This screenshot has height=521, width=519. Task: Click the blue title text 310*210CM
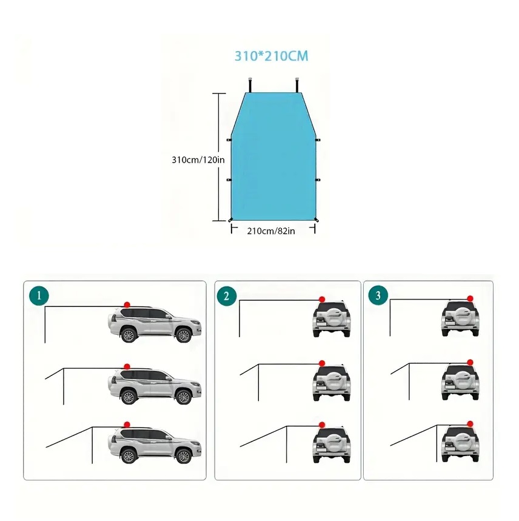point(271,56)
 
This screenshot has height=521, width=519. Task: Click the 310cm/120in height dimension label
point(198,160)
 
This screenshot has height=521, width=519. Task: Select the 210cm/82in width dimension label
point(271,231)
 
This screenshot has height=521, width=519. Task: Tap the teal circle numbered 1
point(39,296)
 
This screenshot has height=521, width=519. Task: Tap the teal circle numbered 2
point(227,296)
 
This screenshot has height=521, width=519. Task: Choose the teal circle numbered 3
point(378,295)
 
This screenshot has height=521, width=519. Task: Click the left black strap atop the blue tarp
point(249,85)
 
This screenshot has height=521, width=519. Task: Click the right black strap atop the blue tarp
point(297,85)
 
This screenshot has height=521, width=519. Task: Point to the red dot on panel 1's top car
point(127,304)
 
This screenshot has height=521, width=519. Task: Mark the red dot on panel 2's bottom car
point(322,425)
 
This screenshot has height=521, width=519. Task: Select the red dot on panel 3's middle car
point(470,362)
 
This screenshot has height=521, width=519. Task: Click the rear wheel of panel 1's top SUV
point(128,335)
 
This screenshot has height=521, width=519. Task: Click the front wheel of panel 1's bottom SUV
point(183,456)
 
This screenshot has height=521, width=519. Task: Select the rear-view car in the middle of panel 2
point(332,382)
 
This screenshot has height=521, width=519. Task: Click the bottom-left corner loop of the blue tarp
point(230,220)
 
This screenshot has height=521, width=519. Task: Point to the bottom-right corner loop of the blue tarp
point(316,220)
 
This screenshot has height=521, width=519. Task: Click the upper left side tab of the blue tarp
point(229,140)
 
